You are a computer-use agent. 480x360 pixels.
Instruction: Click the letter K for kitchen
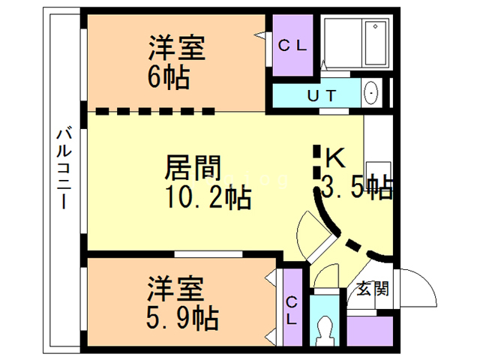(334, 157)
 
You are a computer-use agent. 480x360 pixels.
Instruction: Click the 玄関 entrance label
(372, 288)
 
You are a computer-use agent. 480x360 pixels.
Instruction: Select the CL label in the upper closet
(292, 45)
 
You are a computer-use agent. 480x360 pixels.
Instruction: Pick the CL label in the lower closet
(292, 310)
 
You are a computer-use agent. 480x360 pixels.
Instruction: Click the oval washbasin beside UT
(372, 95)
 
